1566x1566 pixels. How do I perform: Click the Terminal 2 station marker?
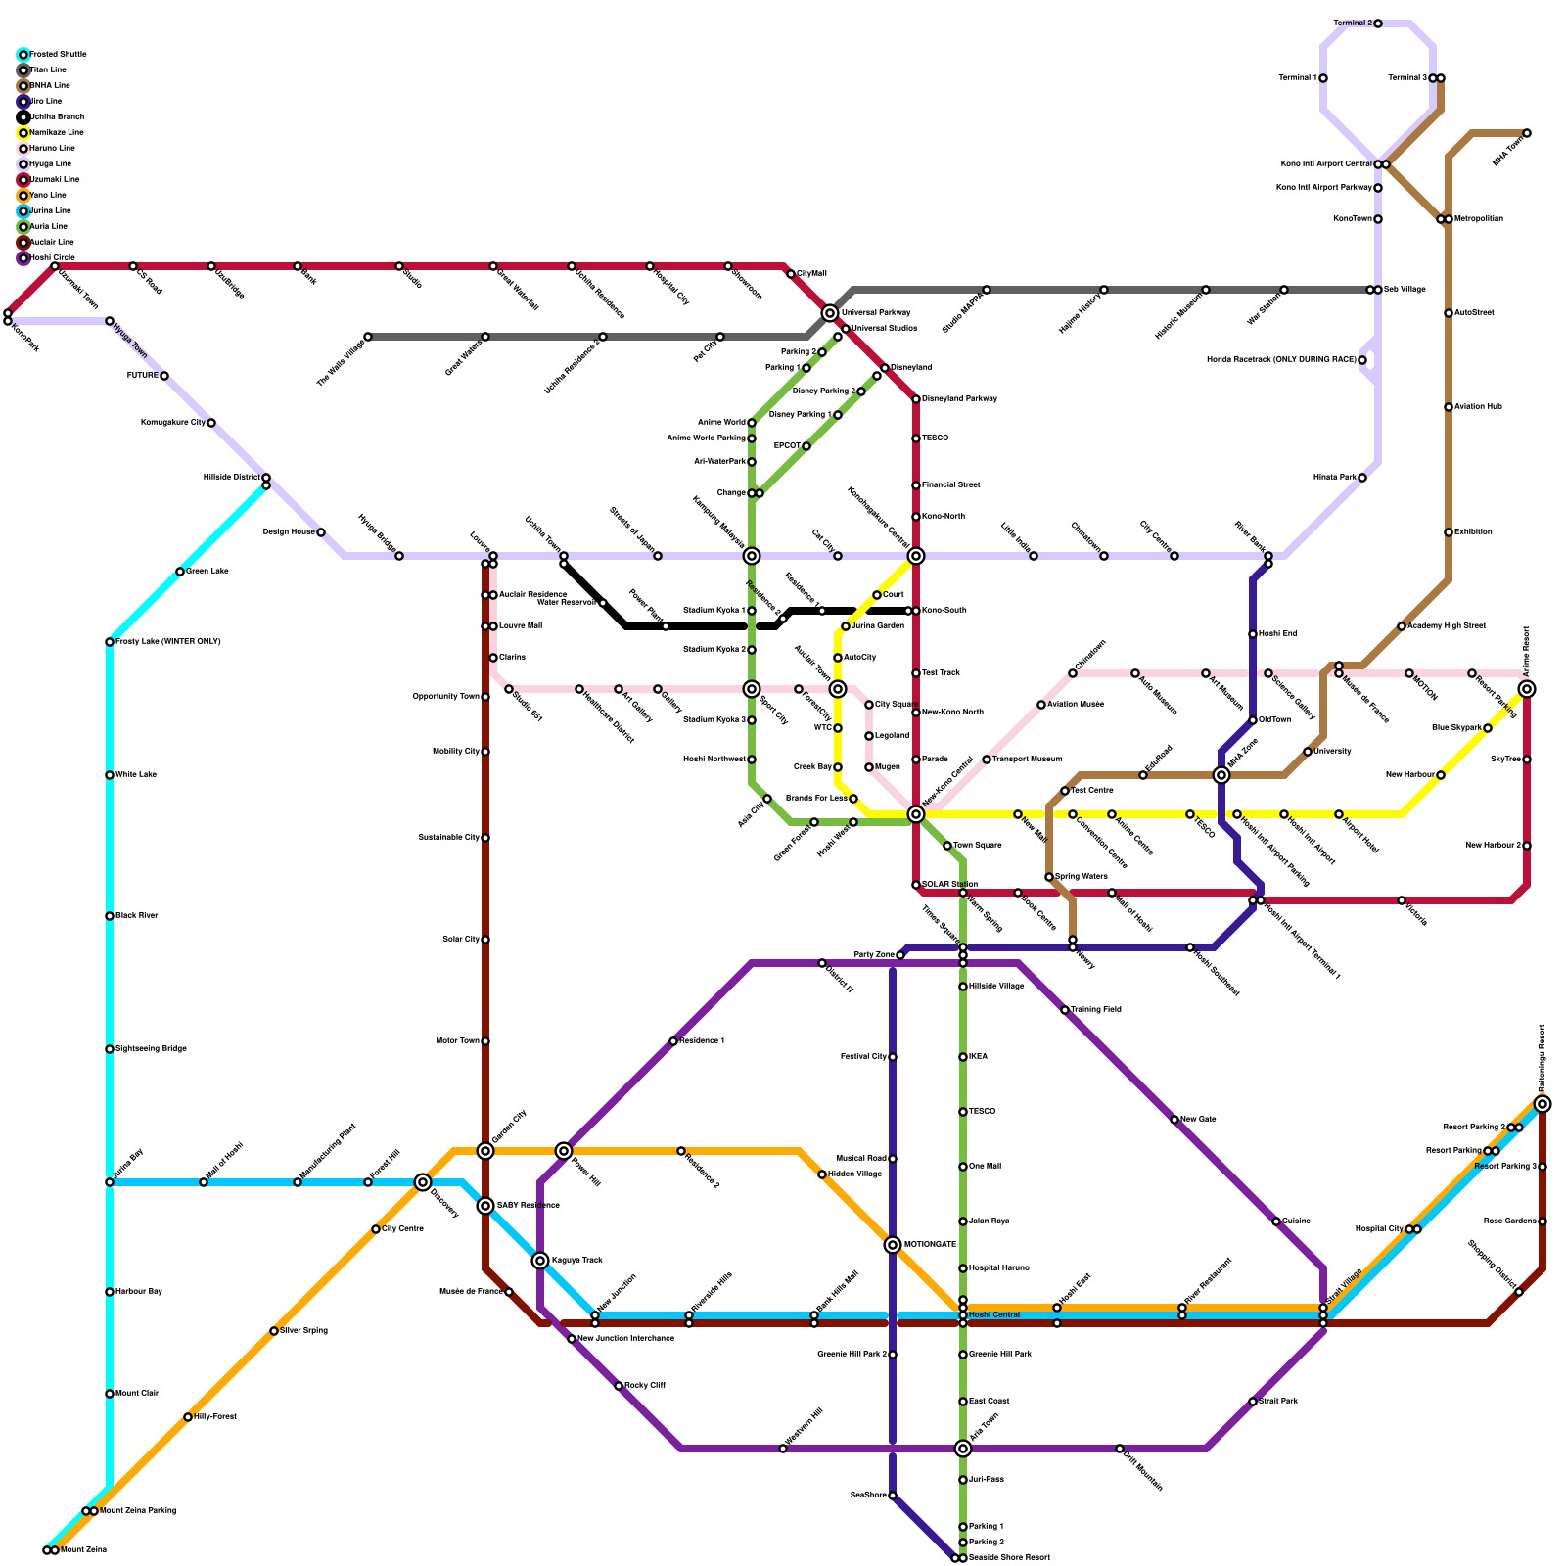click(1378, 23)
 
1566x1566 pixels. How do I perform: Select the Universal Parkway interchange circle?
click(830, 313)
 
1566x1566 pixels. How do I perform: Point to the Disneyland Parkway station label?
click(959, 399)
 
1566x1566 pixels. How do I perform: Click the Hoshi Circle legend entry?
click(52, 258)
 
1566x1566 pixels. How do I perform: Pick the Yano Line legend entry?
click(48, 196)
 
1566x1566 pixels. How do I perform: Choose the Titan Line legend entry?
click(48, 70)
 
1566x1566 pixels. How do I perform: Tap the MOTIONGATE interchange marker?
click(893, 1245)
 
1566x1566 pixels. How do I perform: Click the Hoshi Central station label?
click(994, 1315)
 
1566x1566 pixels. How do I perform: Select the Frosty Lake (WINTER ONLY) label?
click(167, 642)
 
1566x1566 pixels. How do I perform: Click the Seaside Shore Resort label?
click(1009, 1558)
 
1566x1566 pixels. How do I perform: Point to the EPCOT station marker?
click(806, 446)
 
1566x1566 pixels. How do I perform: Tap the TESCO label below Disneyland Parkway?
click(935, 438)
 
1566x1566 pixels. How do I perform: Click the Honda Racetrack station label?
click(1281, 360)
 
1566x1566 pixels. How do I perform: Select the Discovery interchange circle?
click(423, 1182)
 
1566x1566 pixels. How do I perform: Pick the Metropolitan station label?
click(1478, 219)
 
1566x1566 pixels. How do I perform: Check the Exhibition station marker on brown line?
click(1449, 532)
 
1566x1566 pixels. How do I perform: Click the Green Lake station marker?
click(180, 572)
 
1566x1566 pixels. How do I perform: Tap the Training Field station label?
click(1095, 1010)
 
